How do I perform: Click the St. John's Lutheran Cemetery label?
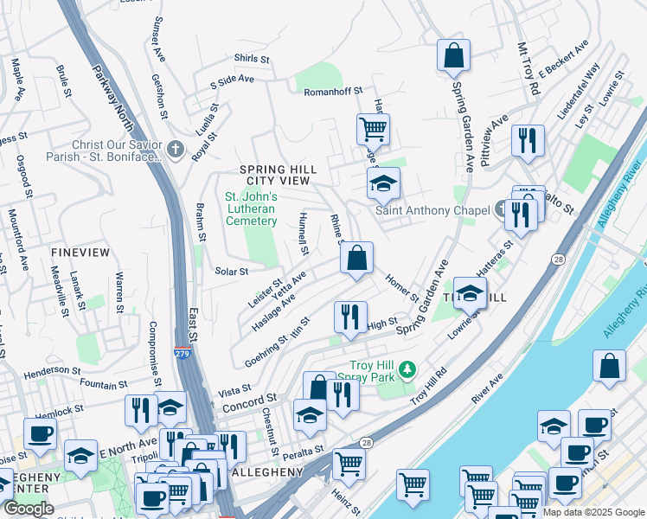[x=251, y=208]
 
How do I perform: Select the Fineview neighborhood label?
[x=80, y=252]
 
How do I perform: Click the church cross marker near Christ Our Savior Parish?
[x=176, y=150]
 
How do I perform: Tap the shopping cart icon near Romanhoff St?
[x=373, y=131]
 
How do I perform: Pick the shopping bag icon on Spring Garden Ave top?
[x=453, y=57]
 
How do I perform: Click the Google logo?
[x=29, y=509]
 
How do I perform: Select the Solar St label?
[x=232, y=272]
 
